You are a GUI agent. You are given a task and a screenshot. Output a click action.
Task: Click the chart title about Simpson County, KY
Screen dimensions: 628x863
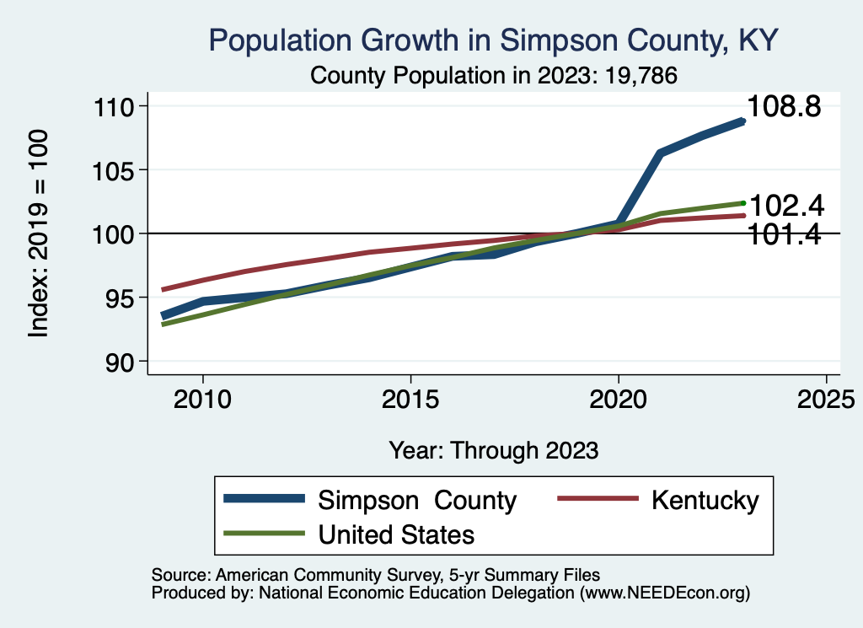494,40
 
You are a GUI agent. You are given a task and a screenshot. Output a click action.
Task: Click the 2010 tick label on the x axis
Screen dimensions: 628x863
202,398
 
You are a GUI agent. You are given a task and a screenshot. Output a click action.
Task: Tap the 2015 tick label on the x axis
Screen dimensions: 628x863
410,398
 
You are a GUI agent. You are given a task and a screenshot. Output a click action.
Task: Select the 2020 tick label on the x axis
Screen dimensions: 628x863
619,398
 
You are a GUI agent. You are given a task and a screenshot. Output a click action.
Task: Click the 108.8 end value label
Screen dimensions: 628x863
785,108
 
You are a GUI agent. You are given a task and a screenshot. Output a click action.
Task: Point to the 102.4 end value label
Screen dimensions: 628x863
786,205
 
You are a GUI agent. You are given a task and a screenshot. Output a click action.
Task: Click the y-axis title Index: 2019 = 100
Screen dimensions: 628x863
39,233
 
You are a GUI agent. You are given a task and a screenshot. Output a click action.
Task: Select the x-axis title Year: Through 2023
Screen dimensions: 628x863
494,450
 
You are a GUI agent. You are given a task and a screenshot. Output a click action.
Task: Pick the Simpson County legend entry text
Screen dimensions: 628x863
417,500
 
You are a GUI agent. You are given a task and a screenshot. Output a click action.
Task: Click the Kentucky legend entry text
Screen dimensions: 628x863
705,500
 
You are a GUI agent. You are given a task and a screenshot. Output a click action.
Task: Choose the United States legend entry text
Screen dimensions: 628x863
396,534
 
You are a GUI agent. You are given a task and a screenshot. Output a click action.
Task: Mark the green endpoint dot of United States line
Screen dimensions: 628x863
743,202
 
